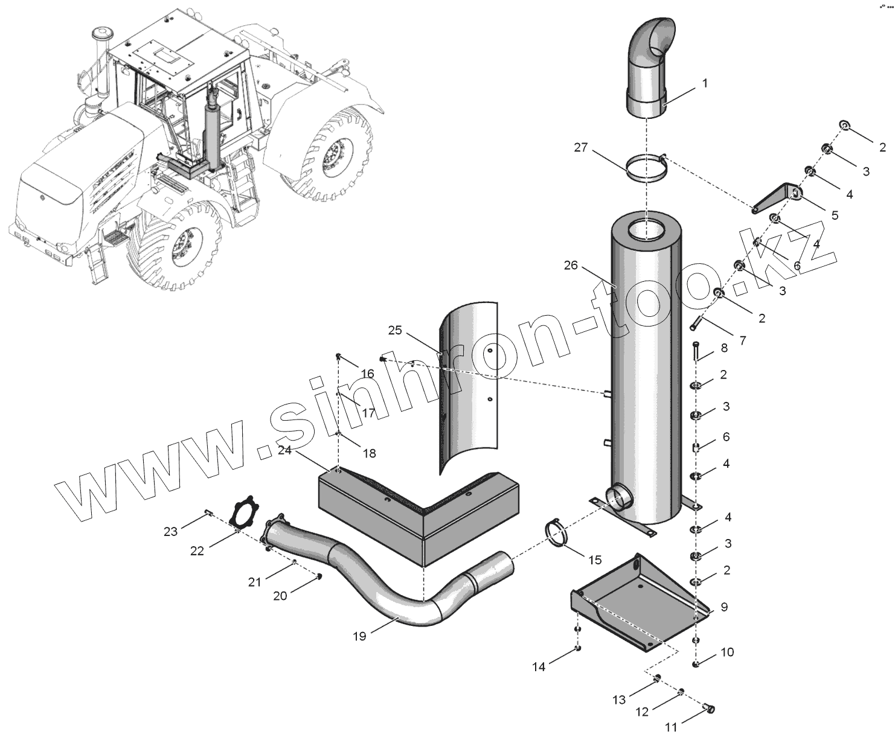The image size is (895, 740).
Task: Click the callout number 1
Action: (x=704, y=83)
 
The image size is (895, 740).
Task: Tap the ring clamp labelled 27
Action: (x=645, y=169)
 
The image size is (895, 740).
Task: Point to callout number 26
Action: (x=571, y=266)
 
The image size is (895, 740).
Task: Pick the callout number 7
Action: (x=742, y=340)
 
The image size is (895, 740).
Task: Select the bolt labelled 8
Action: (x=696, y=351)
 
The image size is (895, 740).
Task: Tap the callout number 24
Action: (x=284, y=450)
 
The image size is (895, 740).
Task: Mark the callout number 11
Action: (x=671, y=727)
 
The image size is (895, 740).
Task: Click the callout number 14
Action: (x=539, y=666)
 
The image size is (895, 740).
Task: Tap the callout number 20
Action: (x=280, y=596)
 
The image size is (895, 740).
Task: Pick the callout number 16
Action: (x=367, y=374)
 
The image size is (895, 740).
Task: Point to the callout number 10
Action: (x=727, y=652)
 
